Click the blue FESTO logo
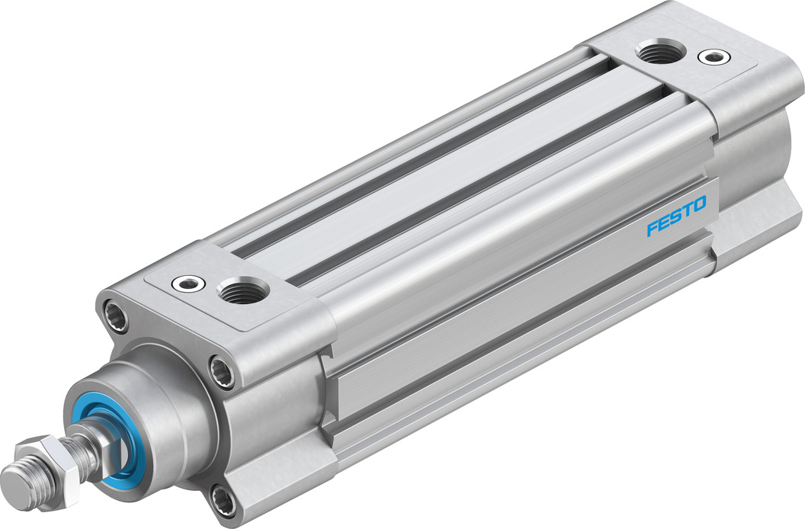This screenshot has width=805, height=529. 676,216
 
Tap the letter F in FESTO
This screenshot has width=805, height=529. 653,229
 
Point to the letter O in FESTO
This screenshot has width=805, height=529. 699,204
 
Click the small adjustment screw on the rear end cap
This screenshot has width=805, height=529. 713,56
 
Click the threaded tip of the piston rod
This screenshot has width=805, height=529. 18,476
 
